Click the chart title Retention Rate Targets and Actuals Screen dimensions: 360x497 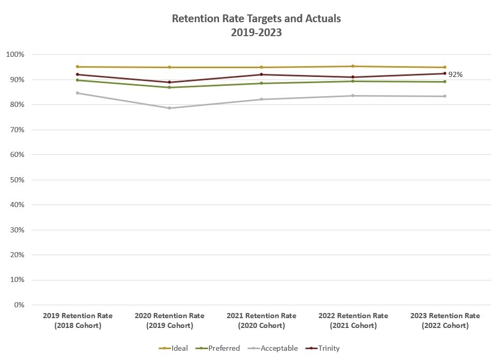(256, 19)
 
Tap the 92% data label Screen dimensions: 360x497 (455, 74)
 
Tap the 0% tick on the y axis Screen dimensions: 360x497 (19, 305)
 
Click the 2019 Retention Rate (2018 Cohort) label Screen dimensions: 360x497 (77, 320)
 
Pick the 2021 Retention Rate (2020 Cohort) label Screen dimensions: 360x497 (261, 320)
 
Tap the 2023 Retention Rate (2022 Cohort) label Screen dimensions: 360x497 (445, 320)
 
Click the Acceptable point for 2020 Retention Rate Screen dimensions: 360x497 (169, 108)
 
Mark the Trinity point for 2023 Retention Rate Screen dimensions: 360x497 (445, 73)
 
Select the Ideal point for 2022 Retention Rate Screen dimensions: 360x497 (353, 66)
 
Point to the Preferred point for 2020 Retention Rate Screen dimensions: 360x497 (169, 87)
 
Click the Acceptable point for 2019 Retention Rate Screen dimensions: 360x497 (77, 93)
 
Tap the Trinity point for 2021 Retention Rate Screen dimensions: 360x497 (261, 74)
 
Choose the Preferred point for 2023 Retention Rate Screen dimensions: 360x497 (445, 82)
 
